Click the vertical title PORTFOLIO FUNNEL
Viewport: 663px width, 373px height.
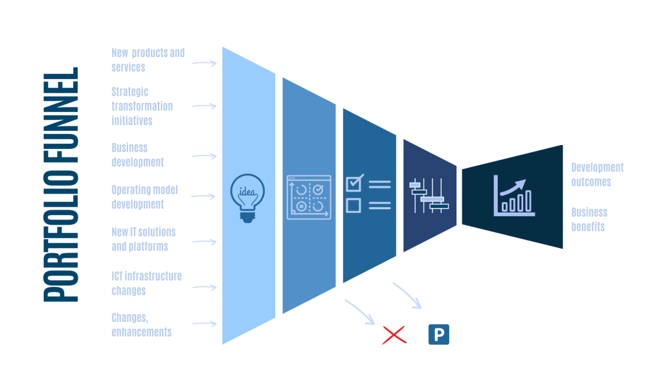point(61,185)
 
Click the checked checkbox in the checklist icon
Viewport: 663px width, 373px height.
point(354,183)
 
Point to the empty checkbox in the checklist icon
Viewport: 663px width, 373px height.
point(354,205)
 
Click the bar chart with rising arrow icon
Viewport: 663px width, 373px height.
point(513,194)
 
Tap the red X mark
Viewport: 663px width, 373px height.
point(394,335)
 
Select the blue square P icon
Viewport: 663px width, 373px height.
point(438,334)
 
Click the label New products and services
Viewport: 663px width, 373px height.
point(148,60)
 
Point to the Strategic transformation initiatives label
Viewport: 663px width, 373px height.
point(142,106)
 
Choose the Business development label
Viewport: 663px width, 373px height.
point(137,155)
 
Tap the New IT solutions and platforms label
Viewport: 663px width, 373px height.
point(143,239)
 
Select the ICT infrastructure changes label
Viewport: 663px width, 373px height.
point(146,283)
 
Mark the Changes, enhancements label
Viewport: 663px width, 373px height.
point(140,324)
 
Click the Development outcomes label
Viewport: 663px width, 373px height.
point(597,175)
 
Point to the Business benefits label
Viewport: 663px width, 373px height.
point(589,220)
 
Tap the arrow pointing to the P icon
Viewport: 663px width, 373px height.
point(407,295)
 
